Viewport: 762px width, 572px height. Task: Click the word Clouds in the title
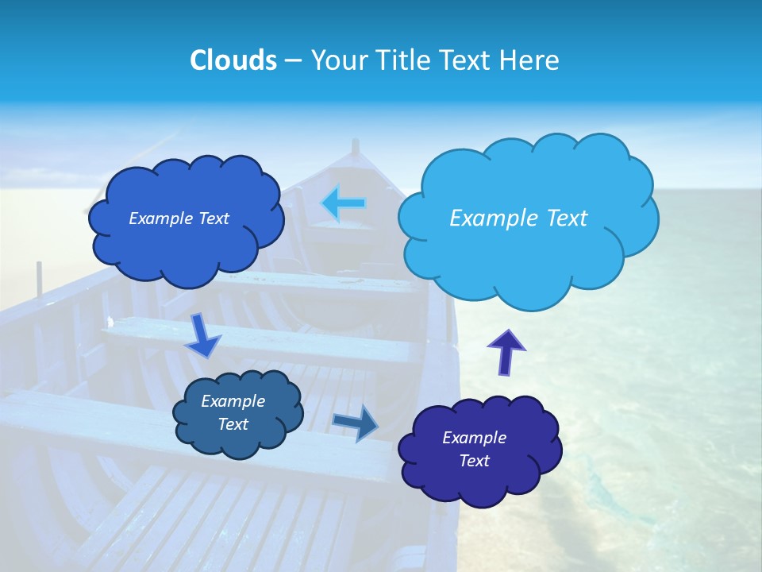pos(233,60)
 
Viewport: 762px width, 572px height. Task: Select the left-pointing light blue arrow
pos(343,203)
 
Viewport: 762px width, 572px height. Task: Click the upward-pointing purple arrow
pos(506,351)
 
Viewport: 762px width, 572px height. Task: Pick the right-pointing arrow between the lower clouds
pos(356,422)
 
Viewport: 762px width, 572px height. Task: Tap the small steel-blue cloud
pos(237,413)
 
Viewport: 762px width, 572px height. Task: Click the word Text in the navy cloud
pos(474,461)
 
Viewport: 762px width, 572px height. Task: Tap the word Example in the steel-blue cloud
pos(233,401)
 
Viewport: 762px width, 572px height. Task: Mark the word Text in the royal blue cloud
pos(212,218)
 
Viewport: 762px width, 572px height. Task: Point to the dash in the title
pos(293,60)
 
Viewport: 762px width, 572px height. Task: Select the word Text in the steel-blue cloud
pos(233,424)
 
